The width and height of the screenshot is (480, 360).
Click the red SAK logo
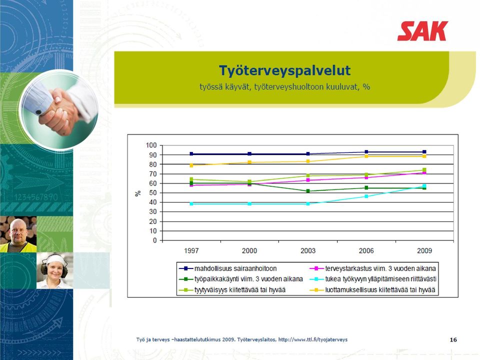pyautogui.click(x=423, y=31)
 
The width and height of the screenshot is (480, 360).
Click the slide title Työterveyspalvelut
pyautogui.click(x=284, y=70)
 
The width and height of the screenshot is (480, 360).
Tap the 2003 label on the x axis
pyautogui.click(x=308, y=250)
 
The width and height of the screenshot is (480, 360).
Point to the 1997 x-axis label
pyautogui.click(x=191, y=250)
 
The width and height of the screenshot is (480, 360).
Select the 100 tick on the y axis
pyautogui.click(x=151, y=145)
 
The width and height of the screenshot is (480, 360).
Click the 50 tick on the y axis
pyautogui.click(x=153, y=193)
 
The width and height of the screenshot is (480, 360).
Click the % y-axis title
pyautogui.click(x=138, y=193)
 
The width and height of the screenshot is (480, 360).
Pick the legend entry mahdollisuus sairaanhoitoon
pyautogui.click(x=228, y=268)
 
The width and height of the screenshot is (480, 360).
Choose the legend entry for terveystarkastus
pyautogui.click(x=372, y=268)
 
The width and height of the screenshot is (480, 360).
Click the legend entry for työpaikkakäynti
pyautogui.click(x=241, y=279)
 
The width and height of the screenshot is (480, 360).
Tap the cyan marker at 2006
pyautogui.click(x=366, y=196)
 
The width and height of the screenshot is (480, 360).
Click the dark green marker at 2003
pyautogui.click(x=308, y=191)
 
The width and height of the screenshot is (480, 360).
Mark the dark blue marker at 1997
pyautogui.click(x=191, y=153)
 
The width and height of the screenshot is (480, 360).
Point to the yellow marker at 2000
pyautogui.click(x=249, y=162)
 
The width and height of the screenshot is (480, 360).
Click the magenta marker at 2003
pyautogui.click(x=308, y=180)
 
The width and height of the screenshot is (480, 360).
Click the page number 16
pyautogui.click(x=453, y=340)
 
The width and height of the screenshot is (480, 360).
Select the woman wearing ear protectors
pyautogui.click(x=54, y=270)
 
